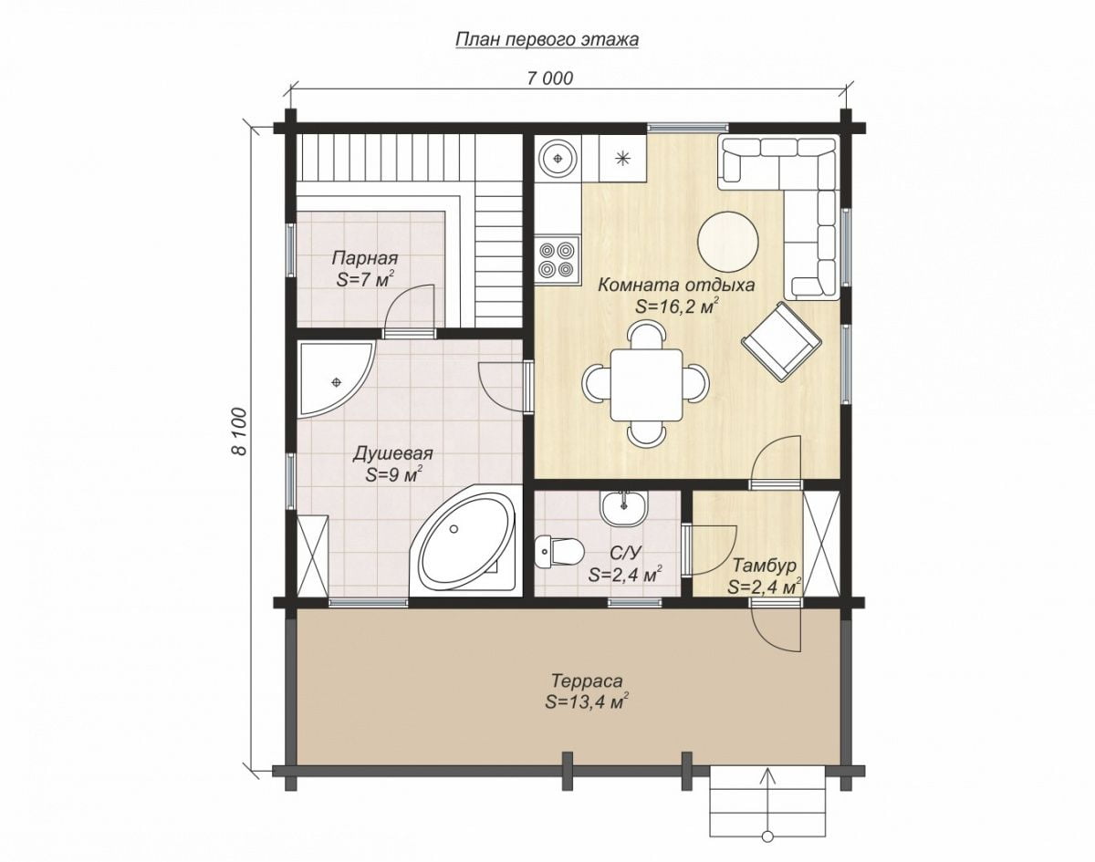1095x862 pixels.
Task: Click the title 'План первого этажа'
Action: coord(547,40)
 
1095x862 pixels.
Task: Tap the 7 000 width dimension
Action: coord(549,78)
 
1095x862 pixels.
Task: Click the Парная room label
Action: coord(364,258)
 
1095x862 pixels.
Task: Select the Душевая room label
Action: coord(392,453)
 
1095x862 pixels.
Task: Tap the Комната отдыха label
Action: coord(676,285)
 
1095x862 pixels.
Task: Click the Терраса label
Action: coord(587,680)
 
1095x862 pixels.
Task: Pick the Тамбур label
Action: coord(765,566)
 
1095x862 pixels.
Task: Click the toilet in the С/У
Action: coord(559,551)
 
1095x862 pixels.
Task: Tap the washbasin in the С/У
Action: coord(624,509)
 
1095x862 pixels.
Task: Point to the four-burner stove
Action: coord(558,259)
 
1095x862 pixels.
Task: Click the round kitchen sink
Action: coord(558,158)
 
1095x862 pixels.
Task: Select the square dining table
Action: coord(646,385)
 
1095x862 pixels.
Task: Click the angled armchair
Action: coord(780,341)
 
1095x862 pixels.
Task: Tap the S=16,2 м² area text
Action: coord(677,306)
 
